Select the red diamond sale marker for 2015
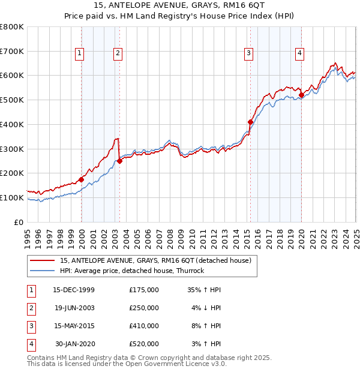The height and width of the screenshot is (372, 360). pyautogui.click(x=250, y=122)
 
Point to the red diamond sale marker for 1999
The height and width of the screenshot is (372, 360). pyautogui.click(x=81, y=179)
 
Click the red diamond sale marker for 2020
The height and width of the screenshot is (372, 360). pyautogui.click(x=301, y=95)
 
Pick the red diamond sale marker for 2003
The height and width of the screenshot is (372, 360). pyautogui.click(x=119, y=161)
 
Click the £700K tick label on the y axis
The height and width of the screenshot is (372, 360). pyautogui.click(x=11, y=51)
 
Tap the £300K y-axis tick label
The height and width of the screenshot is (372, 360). pyautogui.click(x=11, y=149)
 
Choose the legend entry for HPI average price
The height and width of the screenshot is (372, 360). pyautogui.click(x=132, y=271)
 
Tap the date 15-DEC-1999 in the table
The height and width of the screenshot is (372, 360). pyautogui.click(x=74, y=290)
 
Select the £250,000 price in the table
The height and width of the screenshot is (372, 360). pyautogui.click(x=144, y=308)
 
